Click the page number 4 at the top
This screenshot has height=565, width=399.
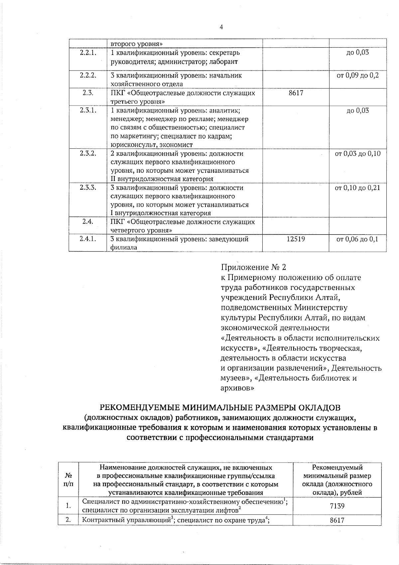coord(221,27)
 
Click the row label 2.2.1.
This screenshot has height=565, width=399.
coord(88,53)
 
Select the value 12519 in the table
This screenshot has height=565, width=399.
coord(296,239)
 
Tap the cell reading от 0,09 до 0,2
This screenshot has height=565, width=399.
coord(357,76)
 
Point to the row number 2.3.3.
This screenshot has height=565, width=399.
coord(88,188)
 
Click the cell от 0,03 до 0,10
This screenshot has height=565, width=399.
coord(357,154)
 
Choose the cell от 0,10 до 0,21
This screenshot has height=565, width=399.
coord(357,188)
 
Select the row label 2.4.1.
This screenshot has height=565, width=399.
coord(88,239)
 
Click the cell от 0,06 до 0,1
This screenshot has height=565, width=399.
coord(357,239)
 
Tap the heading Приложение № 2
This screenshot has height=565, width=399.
coord(253,267)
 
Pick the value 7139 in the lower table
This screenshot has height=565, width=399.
coord(337,506)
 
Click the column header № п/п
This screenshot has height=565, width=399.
coord(68,479)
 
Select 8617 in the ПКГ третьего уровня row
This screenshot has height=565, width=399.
coord(296,93)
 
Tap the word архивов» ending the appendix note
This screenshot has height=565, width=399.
coord(237,388)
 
